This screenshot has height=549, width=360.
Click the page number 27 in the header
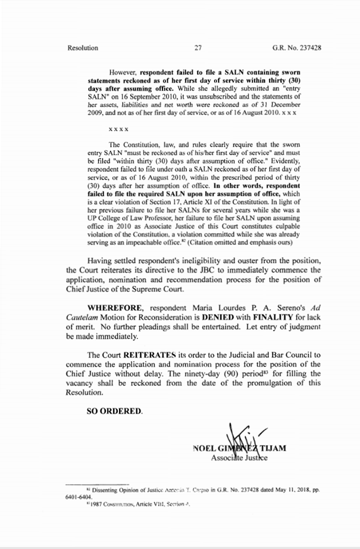(198, 48)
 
